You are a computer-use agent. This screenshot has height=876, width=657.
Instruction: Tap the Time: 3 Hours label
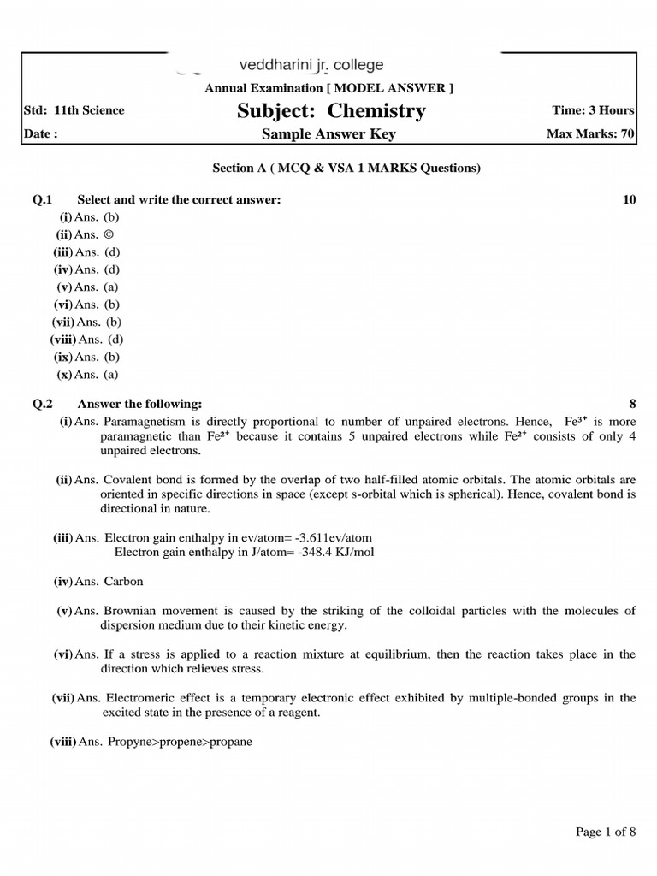594,110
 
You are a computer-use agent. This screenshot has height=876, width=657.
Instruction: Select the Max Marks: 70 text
590,134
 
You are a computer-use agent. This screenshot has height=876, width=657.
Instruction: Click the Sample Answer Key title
328,134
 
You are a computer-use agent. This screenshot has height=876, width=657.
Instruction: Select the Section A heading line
346,168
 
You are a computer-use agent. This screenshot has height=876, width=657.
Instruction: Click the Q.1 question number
43,199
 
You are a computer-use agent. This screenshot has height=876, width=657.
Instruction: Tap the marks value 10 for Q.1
630,199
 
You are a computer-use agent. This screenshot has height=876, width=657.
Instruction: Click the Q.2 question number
43,404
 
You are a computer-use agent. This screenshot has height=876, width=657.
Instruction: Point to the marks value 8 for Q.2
632,404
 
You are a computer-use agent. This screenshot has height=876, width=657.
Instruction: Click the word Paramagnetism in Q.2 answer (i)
142,421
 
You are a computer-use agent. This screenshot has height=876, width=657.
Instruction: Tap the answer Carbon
124,581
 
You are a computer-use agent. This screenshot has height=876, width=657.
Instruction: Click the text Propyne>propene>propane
180,742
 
